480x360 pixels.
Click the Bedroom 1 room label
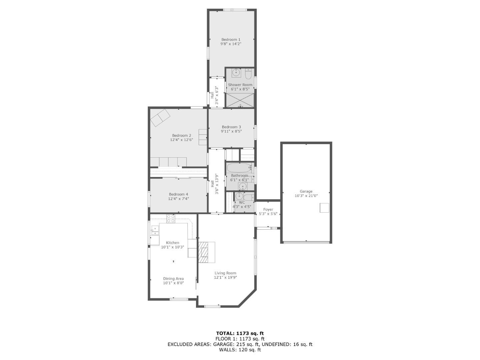click(231, 40)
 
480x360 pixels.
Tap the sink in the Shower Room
click(236, 73)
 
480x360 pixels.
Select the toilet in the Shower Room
click(248, 74)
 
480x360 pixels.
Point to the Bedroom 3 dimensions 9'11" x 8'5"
click(231, 131)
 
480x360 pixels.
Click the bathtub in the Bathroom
click(239, 168)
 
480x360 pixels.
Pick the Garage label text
click(306, 191)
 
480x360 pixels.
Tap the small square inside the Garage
click(324, 208)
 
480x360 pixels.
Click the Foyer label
click(268, 209)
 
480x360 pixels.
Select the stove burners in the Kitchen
click(171, 219)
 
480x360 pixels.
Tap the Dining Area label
click(173, 278)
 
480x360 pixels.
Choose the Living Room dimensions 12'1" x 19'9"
click(225, 277)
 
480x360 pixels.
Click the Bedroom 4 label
click(178, 194)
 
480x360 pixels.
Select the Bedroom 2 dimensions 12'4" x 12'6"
click(182, 140)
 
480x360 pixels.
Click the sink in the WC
click(240, 196)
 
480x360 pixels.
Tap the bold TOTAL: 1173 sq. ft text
click(240, 333)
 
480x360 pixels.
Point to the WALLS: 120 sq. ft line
click(240, 350)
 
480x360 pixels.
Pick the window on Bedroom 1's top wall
click(235, 10)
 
